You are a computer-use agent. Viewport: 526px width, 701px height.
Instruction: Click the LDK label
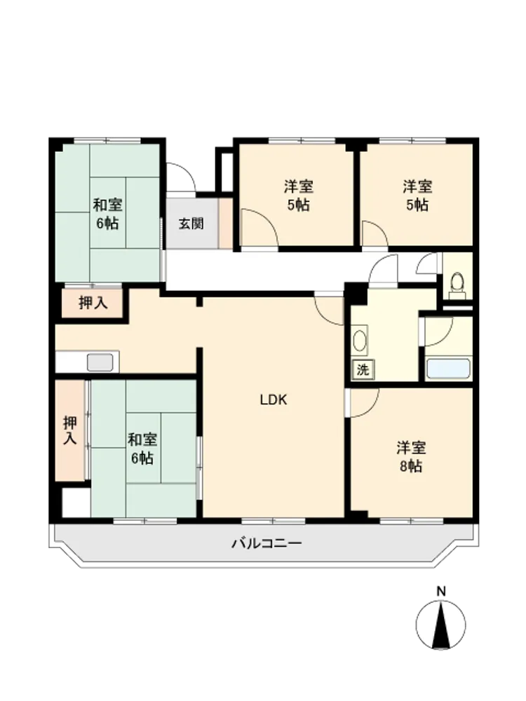point(274,400)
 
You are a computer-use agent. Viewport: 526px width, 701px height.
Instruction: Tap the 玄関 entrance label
point(191,224)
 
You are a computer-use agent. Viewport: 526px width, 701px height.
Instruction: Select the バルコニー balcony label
point(267,544)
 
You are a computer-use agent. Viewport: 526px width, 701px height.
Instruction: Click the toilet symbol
point(457,286)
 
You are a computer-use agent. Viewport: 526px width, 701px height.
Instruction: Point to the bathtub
point(449,369)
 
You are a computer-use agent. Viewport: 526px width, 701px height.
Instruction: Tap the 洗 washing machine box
point(363,369)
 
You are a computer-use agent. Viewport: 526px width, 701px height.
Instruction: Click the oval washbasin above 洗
point(360,341)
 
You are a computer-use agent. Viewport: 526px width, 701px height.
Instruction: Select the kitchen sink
point(100,362)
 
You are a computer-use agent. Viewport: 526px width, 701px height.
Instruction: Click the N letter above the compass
point(441,592)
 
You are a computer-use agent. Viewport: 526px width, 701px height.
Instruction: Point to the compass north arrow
point(441,625)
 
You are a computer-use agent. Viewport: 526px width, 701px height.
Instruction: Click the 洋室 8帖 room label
point(411,457)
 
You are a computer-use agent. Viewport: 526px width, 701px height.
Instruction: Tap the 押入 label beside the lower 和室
point(69,430)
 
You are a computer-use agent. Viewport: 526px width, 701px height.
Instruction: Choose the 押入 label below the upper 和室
point(93,303)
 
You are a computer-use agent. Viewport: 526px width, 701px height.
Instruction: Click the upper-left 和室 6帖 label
point(107,214)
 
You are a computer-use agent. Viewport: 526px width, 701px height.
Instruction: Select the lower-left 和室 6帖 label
point(142,449)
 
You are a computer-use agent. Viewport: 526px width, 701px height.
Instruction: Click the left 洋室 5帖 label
point(298,196)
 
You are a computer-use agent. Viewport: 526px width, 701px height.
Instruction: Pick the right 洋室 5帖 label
point(417,196)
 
